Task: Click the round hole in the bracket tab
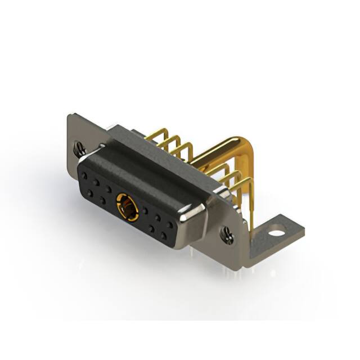275,230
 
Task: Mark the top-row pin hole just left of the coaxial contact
108,188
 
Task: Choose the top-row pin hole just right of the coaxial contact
145,211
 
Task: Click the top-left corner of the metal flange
69,118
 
